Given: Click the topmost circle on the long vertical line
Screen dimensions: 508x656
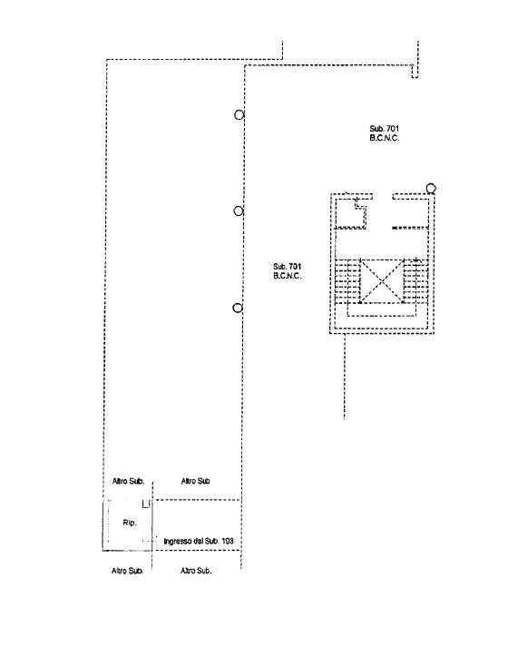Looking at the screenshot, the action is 239,114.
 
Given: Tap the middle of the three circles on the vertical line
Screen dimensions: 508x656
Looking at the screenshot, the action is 239,211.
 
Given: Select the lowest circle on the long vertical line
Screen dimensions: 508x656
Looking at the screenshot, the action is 238,308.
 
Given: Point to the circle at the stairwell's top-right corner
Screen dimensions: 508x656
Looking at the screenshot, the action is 431,189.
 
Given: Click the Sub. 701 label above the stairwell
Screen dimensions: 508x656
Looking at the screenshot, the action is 384,133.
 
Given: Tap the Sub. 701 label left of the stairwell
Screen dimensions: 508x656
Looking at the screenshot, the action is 287,271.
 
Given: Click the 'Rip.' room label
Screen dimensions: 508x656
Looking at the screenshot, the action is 130,523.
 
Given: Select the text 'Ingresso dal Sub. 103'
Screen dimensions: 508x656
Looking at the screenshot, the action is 199,541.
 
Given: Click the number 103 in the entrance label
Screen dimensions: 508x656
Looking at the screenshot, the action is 227,541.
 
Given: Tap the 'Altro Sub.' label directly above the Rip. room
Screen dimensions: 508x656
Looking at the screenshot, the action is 128,481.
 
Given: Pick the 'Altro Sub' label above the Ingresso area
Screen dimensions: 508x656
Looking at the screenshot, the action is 195,481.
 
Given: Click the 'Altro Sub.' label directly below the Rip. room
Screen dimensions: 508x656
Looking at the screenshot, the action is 128,571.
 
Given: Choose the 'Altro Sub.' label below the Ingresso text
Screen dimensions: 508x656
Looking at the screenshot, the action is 196,571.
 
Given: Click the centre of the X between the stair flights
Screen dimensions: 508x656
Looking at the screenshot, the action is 382,280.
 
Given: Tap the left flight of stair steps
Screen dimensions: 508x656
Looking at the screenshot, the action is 347,280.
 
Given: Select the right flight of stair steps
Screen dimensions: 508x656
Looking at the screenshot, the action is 416,280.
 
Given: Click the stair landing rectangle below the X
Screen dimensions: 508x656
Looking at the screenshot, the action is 382,309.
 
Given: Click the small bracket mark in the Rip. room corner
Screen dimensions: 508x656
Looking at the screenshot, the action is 146,504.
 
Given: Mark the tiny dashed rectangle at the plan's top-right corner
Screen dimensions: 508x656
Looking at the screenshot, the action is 415,71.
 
